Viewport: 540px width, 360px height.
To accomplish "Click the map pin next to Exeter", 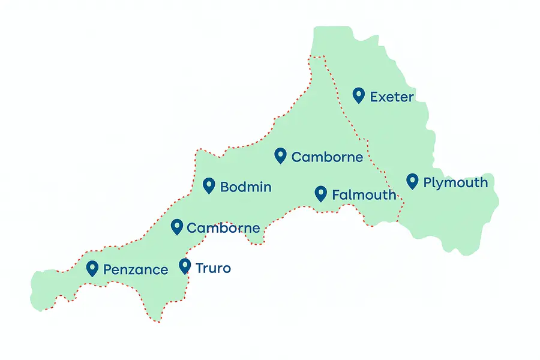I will pos(359,95).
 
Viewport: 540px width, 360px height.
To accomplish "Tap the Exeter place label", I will pos(392,97).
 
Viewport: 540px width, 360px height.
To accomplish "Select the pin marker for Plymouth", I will pos(412,181).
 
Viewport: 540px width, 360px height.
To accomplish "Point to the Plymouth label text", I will pos(455,183).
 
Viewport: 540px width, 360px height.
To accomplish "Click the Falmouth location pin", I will pos(321,193).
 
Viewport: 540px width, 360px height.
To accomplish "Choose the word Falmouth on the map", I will pos(364,195).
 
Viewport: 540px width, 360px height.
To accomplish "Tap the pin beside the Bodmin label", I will pos(209,185).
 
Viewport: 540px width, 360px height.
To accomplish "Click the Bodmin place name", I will pos(245,187).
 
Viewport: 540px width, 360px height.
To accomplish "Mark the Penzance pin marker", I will pos(92,268).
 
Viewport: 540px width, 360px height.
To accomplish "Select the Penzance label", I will pos(136,270).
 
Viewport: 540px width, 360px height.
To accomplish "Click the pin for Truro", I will pos(185,266).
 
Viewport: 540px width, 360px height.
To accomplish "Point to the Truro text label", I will pos(213,268).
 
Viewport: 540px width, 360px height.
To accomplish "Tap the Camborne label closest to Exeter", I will pos(327,157).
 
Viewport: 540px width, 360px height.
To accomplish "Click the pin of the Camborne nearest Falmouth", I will pos(280,155).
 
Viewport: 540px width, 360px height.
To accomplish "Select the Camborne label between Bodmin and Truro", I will pos(223,228).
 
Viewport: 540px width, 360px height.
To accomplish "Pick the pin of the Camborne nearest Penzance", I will pos(177,226).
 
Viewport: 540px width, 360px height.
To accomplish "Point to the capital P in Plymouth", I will pos(428,182).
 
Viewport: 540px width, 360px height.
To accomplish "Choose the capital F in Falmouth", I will pos(336,195).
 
